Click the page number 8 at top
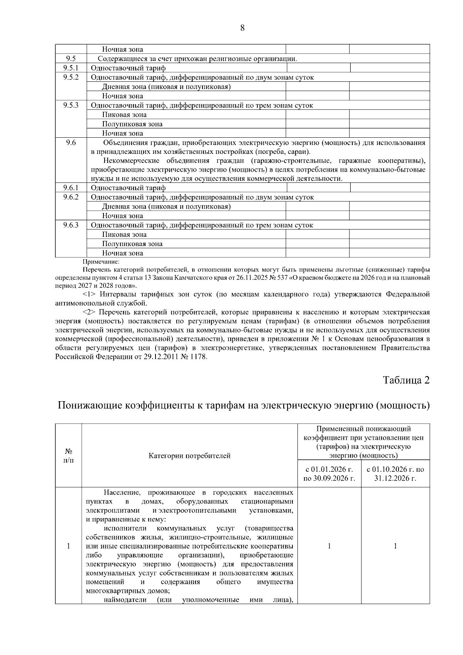[x=242, y=28]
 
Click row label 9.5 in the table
[x=71, y=59]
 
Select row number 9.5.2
[x=71, y=77]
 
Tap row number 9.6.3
[x=71, y=225]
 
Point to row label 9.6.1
[x=71, y=188]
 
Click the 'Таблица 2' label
[x=406, y=380]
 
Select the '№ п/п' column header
[x=68, y=456]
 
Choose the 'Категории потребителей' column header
[x=189, y=456]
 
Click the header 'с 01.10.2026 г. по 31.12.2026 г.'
[x=395, y=474]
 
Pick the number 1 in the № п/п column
[x=68, y=546]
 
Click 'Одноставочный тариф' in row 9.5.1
[x=128, y=68]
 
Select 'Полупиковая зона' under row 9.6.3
[x=132, y=244]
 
